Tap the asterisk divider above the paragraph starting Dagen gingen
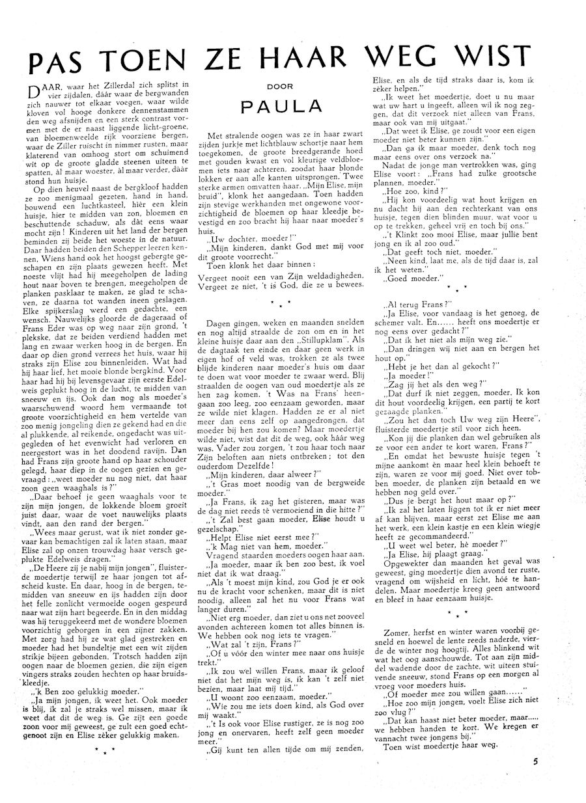coord(279,303)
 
